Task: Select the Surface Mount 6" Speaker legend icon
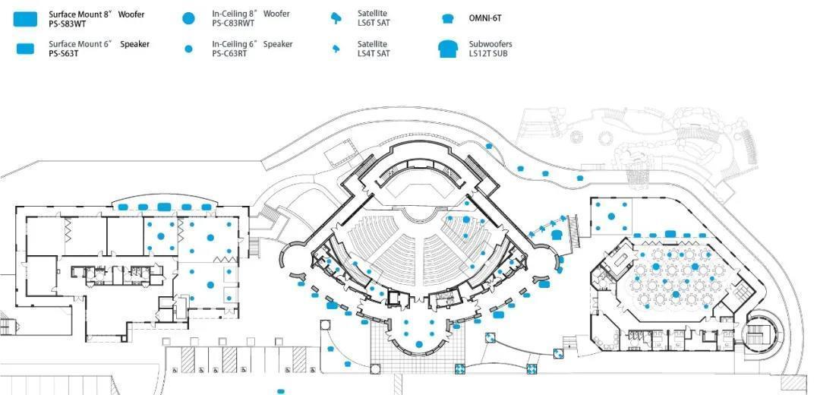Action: (26, 49)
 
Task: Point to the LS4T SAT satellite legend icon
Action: (336, 49)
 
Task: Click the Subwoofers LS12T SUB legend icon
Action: (448, 49)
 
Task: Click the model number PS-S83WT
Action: (68, 24)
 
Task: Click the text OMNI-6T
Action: (486, 18)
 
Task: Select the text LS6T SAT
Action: (374, 24)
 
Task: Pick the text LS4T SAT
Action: (374, 54)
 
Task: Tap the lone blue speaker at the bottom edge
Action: (281, 391)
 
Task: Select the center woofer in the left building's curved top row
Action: (163, 207)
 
